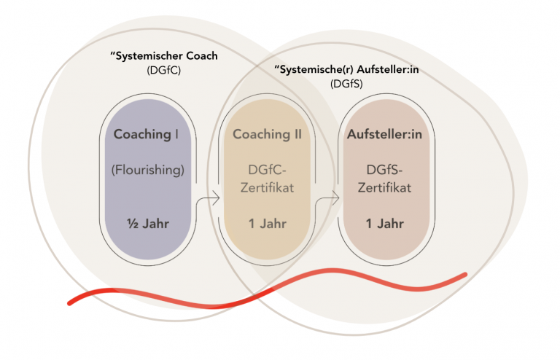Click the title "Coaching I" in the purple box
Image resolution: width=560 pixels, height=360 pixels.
[147, 134]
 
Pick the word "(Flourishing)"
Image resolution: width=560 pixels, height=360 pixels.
[147, 170]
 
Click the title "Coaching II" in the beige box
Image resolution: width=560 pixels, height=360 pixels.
[266, 134]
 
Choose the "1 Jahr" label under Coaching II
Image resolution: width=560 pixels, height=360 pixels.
[266, 223]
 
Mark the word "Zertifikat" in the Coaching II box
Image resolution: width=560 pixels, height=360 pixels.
[266, 187]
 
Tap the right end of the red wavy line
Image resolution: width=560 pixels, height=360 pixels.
[464, 275]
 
